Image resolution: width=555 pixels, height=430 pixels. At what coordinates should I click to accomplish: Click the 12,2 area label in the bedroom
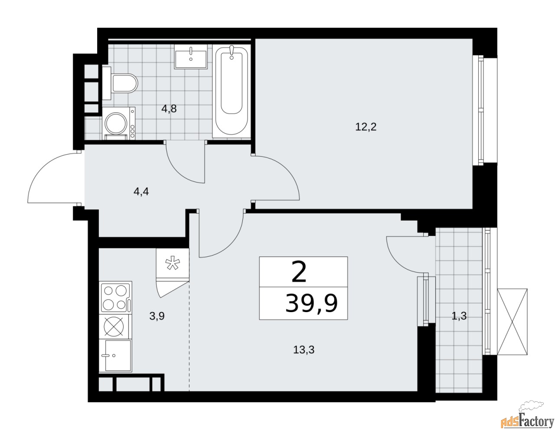point(366,127)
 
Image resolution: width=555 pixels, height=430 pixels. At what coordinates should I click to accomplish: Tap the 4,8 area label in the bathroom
point(169,109)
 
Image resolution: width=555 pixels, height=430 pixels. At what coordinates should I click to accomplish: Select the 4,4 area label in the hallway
point(141,191)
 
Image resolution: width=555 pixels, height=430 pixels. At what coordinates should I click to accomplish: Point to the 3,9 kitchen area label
point(157,316)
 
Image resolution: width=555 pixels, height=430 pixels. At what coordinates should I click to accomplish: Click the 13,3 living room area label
point(304,350)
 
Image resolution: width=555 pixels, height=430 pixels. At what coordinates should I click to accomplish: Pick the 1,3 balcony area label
point(459,316)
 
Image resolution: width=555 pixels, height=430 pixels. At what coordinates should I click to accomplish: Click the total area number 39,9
point(311,303)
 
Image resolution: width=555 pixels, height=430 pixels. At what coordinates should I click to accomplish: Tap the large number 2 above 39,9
point(299,272)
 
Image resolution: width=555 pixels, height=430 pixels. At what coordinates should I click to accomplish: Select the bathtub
point(232,91)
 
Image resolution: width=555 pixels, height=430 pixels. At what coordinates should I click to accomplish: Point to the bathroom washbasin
point(191,56)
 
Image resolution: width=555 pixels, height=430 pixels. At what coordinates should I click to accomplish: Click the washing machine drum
point(117,124)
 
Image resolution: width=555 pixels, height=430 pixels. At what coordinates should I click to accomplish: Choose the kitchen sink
point(115,356)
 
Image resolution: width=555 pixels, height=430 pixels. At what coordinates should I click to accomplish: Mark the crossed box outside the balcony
point(512,322)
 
